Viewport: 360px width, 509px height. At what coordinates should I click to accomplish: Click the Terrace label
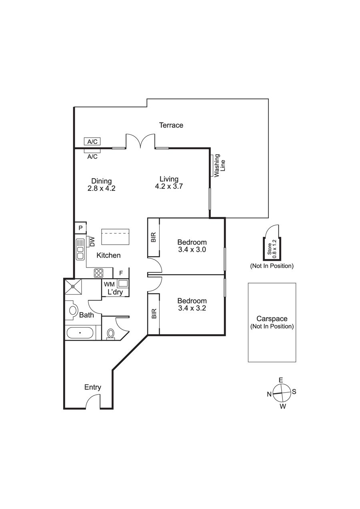(x=171, y=125)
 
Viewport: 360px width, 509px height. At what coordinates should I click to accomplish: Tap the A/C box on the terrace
(x=92, y=142)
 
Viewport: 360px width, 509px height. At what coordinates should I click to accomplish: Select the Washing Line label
(x=220, y=166)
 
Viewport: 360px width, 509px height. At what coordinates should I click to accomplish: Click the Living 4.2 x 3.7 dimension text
(x=169, y=186)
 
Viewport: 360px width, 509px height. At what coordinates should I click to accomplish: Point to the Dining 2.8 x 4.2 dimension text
(x=101, y=188)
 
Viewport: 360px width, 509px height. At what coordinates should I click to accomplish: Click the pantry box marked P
(x=80, y=228)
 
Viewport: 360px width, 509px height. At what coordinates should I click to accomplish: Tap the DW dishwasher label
(x=92, y=242)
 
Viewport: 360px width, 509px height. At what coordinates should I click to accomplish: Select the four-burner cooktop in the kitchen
(x=99, y=273)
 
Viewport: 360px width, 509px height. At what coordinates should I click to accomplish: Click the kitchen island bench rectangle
(x=115, y=237)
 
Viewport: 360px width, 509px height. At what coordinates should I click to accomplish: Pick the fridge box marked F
(x=121, y=273)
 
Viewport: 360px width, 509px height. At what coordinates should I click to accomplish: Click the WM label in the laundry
(x=109, y=284)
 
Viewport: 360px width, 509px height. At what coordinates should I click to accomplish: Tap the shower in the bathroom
(x=73, y=287)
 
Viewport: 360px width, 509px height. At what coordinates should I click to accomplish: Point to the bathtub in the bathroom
(x=80, y=333)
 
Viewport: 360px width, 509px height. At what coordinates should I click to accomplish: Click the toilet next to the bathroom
(x=111, y=334)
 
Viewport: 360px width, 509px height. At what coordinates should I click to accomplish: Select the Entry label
(x=92, y=387)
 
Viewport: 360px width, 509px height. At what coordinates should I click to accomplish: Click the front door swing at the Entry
(x=93, y=401)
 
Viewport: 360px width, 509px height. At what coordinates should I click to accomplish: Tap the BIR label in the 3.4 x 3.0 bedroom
(x=154, y=237)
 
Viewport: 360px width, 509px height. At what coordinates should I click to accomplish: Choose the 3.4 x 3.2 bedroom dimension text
(x=192, y=308)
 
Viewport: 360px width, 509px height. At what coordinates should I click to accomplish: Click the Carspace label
(x=272, y=319)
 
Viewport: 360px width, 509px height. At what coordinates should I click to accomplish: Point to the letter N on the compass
(x=269, y=394)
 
